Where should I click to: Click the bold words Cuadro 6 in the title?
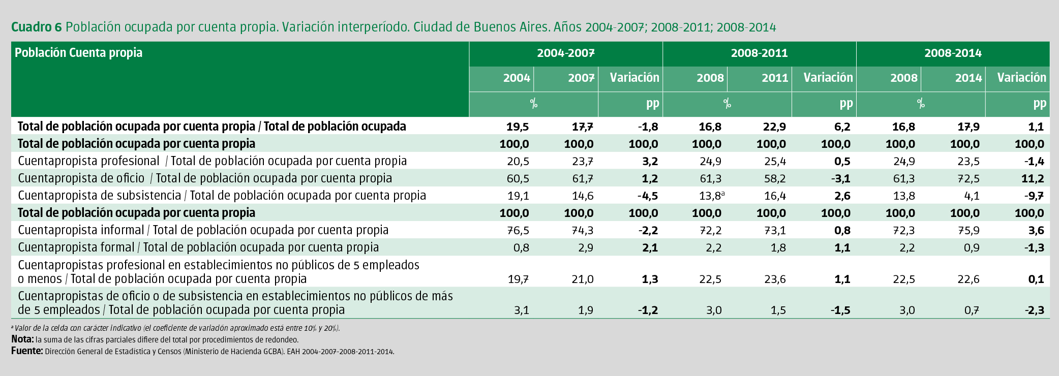36,27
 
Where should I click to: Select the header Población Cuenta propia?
78,53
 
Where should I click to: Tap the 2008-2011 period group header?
759,53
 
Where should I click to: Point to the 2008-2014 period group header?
953,53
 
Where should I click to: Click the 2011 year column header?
775,78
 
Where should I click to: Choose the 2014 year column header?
968,78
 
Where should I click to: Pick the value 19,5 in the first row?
518,127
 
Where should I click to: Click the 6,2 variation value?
842,127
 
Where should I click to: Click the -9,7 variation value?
1034,196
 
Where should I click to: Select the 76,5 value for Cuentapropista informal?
518,231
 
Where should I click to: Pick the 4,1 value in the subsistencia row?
972,196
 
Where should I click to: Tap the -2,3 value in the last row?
1034,310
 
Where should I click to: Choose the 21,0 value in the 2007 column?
582,279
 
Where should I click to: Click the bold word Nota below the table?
22,339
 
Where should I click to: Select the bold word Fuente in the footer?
27,351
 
